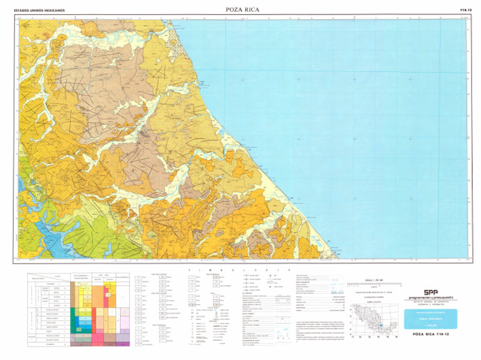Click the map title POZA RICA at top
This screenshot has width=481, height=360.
point(242,10)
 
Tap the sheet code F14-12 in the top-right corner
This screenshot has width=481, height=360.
point(465,10)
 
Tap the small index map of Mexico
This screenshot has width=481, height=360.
point(374,319)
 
